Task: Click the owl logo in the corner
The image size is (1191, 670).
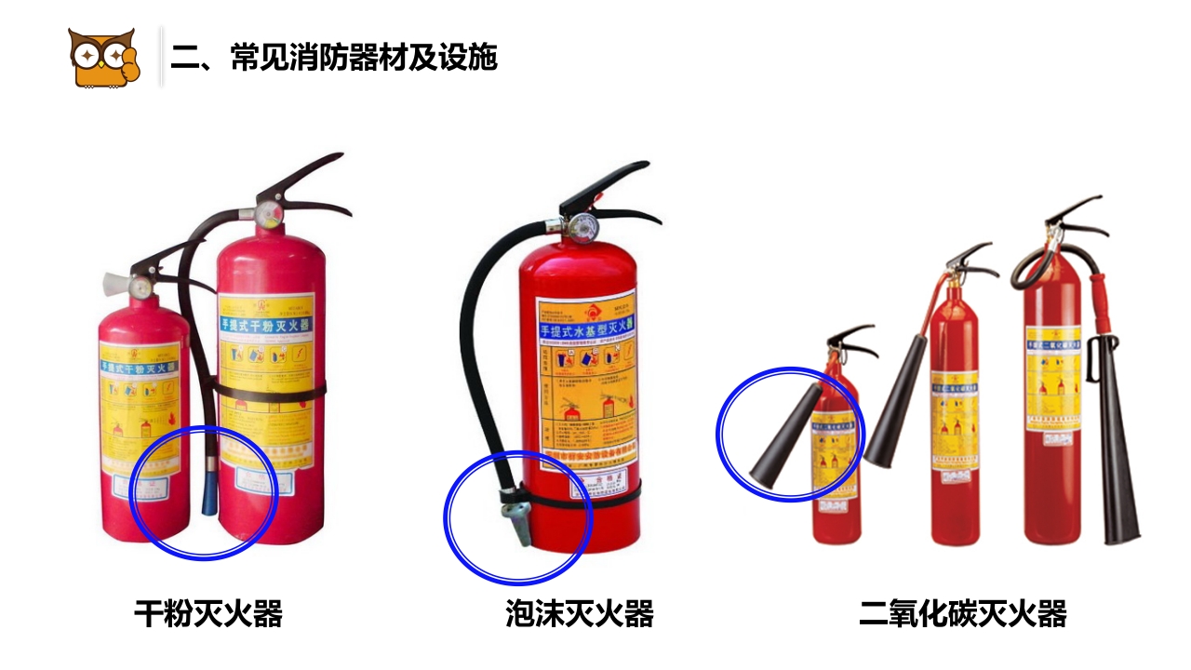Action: (102, 58)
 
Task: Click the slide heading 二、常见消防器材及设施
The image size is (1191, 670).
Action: (334, 58)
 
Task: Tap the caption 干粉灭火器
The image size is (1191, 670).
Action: (208, 614)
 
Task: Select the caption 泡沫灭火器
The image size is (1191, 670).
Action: (580, 614)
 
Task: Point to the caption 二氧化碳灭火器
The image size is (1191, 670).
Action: (962, 614)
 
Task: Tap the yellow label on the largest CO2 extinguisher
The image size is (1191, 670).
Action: (1053, 377)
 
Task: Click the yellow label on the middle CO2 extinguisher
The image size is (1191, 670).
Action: (955, 419)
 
